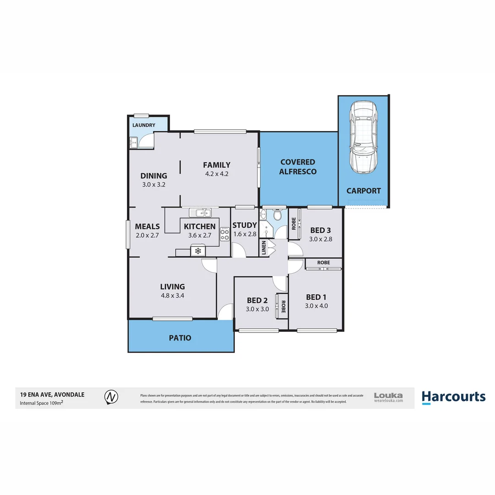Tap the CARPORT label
pos(363,191)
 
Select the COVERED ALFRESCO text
pos(297,167)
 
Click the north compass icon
pos(110,397)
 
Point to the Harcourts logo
pos(453,397)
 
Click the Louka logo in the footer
pos(388,397)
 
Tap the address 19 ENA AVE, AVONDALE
pos(52,394)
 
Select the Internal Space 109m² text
pos(41,403)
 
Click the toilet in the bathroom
pos(277,215)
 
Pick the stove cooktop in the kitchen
pos(225,234)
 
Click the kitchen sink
pos(201,213)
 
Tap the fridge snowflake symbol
pos(198,251)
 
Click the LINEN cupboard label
pos(263,248)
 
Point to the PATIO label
pos(180,338)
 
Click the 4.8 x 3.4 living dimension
pos(172,296)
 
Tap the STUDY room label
pos(244,225)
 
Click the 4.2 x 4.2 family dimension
pos(216,174)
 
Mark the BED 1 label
pos(316,297)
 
